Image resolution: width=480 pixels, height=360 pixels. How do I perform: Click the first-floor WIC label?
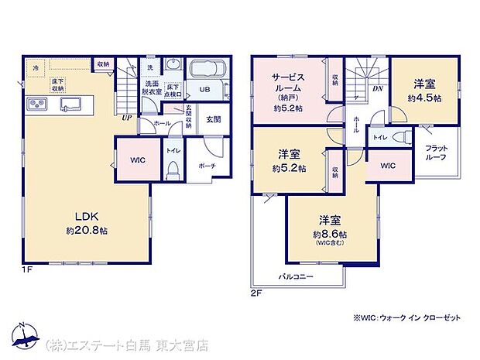point(137,160)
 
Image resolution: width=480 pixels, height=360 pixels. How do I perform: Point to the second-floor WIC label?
point(387,166)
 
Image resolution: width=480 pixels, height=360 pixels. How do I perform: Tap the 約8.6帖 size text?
point(329,233)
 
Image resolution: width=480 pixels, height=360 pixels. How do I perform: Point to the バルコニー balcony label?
point(295,275)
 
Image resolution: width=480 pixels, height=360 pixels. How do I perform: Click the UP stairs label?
point(125,117)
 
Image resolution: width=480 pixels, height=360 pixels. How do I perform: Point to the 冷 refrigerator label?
point(36,68)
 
